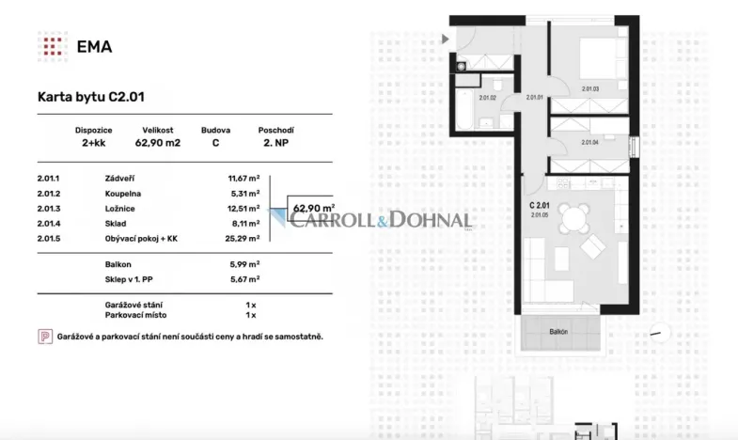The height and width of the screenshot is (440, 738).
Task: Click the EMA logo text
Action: pyautogui.click(x=94, y=46)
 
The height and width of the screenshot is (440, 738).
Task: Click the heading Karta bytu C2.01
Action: pyautogui.click(x=90, y=96)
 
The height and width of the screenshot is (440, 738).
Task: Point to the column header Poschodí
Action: pyautogui.click(x=276, y=130)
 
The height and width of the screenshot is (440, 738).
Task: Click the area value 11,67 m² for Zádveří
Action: pyautogui.click(x=243, y=178)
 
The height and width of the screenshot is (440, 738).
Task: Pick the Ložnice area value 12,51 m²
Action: pyautogui.click(x=243, y=209)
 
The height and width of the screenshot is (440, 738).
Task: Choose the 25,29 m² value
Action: pyautogui.click(x=243, y=240)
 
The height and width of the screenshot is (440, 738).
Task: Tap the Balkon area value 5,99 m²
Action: pyautogui.click(x=243, y=264)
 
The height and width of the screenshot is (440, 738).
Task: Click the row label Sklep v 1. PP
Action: pyautogui.click(x=131, y=279)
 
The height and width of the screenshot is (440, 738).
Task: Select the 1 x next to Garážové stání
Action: pyautogui.click(x=250, y=306)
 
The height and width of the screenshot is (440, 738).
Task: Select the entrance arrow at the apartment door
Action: pyautogui.click(x=446, y=39)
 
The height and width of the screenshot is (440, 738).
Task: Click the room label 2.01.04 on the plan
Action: pyautogui.click(x=589, y=142)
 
